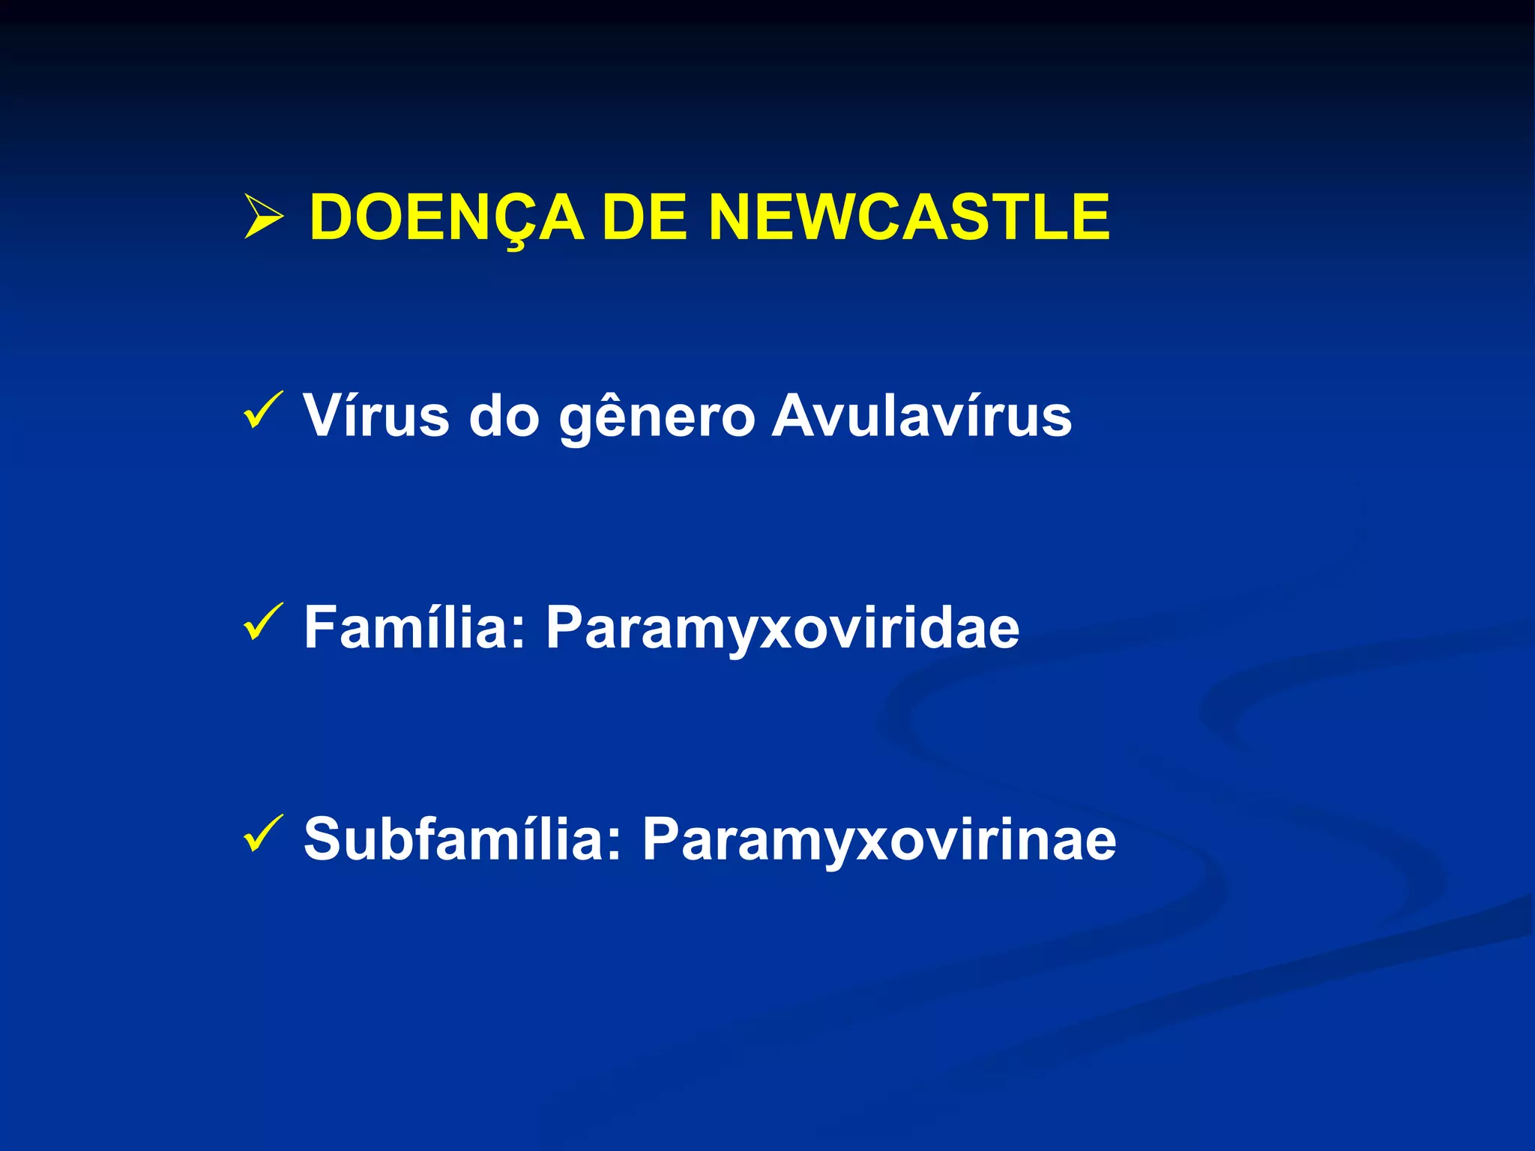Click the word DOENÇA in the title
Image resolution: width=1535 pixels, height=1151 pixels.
(447, 217)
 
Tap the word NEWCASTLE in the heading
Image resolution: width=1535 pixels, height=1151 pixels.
(909, 217)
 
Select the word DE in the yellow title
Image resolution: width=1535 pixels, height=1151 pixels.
(645, 217)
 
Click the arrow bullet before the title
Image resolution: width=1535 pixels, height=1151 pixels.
(263, 217)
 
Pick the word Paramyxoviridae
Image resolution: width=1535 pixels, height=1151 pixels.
(782, 628)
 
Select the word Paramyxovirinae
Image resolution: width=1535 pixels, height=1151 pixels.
(879, 840)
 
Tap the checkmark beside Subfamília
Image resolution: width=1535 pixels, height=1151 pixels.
(262, 833)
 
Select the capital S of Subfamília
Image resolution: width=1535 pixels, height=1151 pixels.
(326, 839)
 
